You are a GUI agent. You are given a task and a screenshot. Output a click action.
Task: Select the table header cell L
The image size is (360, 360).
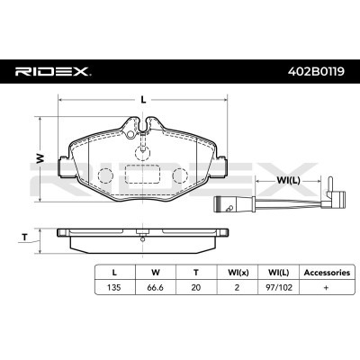(114, 269)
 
